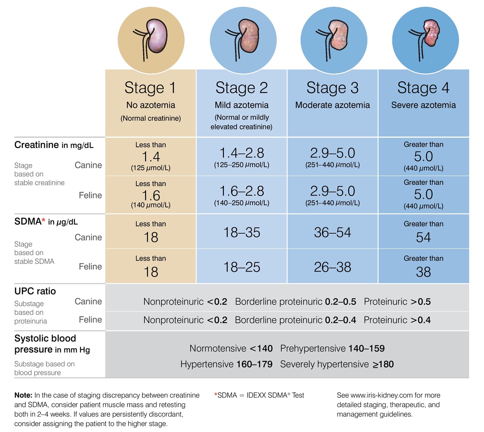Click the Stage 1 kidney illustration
click(151, 39)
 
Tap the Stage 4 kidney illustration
click(425, 39)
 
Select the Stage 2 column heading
click(242, 88)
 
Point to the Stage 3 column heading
click(332, 88)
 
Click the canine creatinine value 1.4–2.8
click(242, 153)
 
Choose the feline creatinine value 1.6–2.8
click(242, 191)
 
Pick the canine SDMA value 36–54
click(332, 232)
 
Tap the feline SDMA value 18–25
click(242, 267)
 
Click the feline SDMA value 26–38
click(332, 267)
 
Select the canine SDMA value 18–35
click(242, 232)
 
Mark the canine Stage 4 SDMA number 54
click(423, 238)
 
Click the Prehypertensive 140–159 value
click(332, 348)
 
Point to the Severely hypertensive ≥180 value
click(337, 364)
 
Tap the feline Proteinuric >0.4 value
click(397, 320)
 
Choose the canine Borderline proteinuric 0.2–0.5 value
click(295, 302)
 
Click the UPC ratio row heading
click(35, 291)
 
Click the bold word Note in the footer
click(23, 395)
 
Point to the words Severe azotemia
click(423, 105)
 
